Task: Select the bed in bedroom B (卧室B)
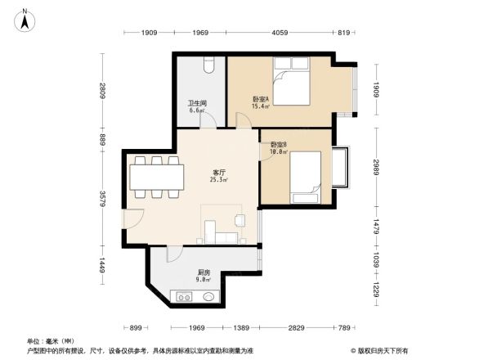click(x=305, y=173)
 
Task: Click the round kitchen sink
click(x=209, y=297)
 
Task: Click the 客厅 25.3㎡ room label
click(x=218, y=176)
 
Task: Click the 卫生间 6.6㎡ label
click(x=197, y=106)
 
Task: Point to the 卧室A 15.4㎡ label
click(x=261, y=102)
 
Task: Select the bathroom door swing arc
click(x=208, y=119)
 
